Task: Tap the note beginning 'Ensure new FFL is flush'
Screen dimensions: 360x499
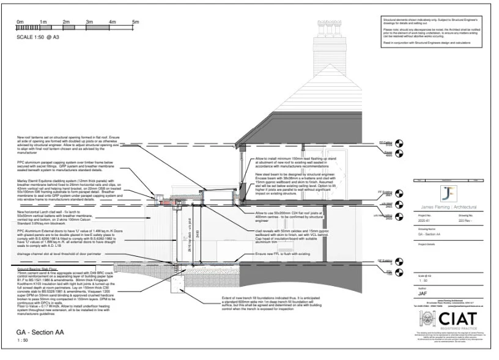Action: [x=274, y=253]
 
